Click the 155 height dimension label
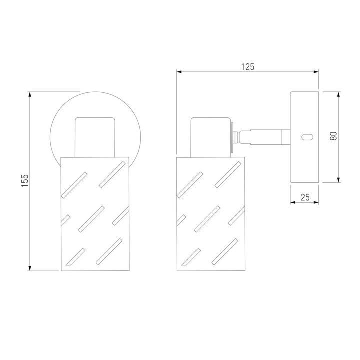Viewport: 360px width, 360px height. point(25,180)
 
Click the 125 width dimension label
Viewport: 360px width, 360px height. point(248,67)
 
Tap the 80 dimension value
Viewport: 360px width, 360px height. point(333,136)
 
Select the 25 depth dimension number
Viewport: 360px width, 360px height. point(305,197)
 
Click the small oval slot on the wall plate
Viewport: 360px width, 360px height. point(307,137)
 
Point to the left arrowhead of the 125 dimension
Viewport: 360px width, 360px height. point(179,72)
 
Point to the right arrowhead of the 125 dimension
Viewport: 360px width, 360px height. point(316,72)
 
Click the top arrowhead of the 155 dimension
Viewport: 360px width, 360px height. point(30,94)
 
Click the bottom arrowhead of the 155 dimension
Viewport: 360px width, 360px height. point(30,268)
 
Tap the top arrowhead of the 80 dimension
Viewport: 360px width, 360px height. point(338,94)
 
